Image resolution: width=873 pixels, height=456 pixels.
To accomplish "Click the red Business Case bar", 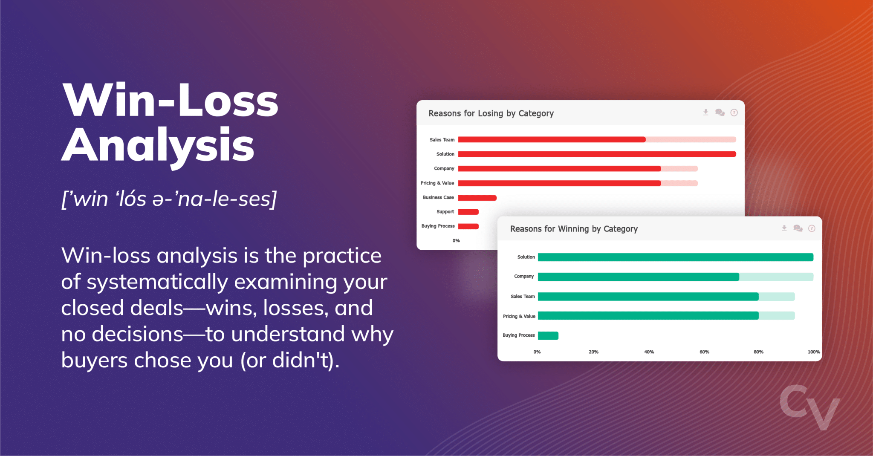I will (x=477, y=198).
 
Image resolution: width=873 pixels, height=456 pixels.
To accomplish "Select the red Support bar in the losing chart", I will (x=468, y=212).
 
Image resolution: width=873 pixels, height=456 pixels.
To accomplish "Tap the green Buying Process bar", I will (x=548, y=336).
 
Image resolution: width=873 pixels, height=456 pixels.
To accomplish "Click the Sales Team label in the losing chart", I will (x=442, y=140).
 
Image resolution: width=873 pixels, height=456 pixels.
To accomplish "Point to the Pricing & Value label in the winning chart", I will (x=519, y=316).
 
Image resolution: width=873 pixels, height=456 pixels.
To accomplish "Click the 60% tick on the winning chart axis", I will (x=704, y=352).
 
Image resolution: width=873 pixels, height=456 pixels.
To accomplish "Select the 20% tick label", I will (x=593, y=352).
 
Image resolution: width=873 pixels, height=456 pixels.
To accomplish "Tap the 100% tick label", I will (x=813, y=352).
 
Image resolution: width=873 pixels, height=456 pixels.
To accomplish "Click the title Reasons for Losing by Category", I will (x=491, y=113).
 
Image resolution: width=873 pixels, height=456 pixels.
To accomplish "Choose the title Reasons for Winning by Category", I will (x=574, y=229).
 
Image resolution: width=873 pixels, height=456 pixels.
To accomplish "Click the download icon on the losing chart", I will (x=705, y=113).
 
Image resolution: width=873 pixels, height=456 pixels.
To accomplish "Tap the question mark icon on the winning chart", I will (x=812, y=228).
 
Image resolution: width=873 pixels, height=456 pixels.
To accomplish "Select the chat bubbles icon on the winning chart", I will (x=798, y=228).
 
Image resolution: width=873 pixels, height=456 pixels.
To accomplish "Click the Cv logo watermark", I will (x=809, y=407).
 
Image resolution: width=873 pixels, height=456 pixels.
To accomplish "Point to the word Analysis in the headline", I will (x=158, y=146).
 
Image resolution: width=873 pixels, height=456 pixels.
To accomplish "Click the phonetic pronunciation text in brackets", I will (x=169, y=199).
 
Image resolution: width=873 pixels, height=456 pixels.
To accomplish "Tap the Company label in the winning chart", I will (x=523, y=277).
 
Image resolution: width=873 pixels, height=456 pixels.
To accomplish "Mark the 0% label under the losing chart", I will (x=456, y=241).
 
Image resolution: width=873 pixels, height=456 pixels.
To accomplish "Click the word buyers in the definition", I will (x=94, y=361).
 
